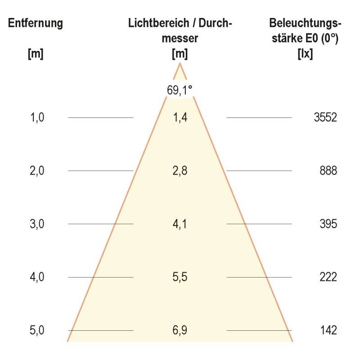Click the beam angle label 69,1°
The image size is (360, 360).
(x=180, y=90)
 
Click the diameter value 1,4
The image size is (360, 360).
(x=180, y=118)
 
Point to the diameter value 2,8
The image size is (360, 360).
(x=180, y=171)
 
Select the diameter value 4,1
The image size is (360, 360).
(x=180, y=224)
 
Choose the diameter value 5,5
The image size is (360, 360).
(x=180, y=277)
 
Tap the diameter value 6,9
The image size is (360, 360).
(x=180, y=331)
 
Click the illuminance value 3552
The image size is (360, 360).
(x=325, y=118)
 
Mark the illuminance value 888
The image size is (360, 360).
(x=328, y=171)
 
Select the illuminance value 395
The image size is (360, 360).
(x=328, y=224)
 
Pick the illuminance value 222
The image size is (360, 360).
(x=328, y=277)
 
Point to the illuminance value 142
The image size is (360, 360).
(x=328, y=331)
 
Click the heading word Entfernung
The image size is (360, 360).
(x=36, y=23)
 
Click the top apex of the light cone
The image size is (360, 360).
(x=180, y=64)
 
